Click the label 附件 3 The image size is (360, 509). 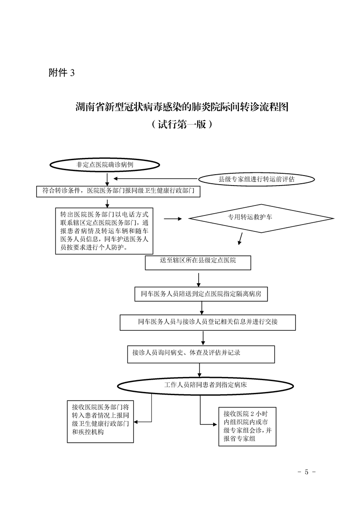pos(61,73)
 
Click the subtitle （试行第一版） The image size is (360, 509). pos(182,124)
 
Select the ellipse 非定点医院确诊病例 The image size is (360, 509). pos(105,165)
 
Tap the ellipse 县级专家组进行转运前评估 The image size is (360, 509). pos(256,179)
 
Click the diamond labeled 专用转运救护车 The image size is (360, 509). pos(262,218)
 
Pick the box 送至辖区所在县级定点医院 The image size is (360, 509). pos(198,263)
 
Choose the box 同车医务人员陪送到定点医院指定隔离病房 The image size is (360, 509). pos(201,294)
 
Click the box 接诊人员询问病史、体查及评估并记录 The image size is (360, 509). pos(201,354)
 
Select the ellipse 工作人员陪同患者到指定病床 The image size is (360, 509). pos(205,386)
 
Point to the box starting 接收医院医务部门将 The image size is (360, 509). pos(100,421)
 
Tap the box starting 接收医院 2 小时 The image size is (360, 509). pos(247,426)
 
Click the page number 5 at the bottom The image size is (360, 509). pos(306,472)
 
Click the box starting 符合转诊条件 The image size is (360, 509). pos(118,191)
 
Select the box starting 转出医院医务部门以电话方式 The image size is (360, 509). pos(104,231)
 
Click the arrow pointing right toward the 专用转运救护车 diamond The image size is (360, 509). pos(173,219)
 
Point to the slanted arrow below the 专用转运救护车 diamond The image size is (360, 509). pos(240,238)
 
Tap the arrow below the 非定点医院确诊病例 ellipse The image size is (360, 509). pos(107,179)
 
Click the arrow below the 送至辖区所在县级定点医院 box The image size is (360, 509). pos(199,280)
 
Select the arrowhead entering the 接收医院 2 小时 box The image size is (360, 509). pos(215,424)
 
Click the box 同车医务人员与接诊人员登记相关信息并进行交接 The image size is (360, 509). pos(208,323)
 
